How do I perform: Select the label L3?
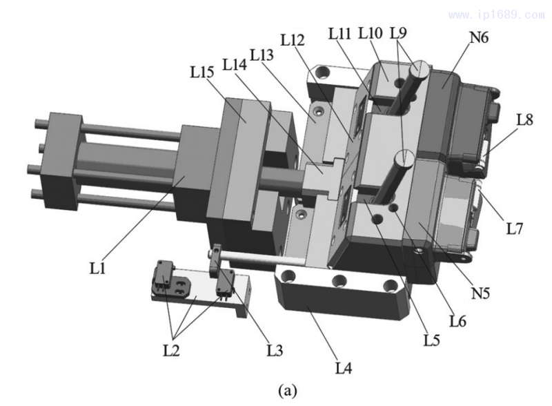click(x=275, y=349)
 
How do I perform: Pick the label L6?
click(x=458, y=320)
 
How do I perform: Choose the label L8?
click(x=526, y=119)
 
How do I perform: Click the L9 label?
click(x=399, y=32)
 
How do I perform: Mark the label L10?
click(x=371, y=32)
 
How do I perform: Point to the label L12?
click(x=293, y=39)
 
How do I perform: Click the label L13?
click(x=262, y=53)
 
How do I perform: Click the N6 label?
click(x=479, y=38)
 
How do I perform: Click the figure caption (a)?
click(x=288, y=391)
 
